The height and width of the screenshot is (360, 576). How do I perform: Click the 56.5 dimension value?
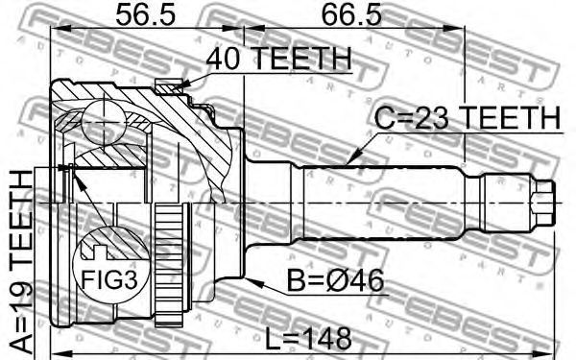pos(146,15)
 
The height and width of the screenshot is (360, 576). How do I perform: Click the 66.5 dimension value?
pos(351,15)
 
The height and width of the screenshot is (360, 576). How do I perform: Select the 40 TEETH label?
pos(278,59)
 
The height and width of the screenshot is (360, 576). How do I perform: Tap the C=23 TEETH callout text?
pos(468,118)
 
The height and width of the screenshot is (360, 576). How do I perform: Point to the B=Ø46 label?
pos(335,280)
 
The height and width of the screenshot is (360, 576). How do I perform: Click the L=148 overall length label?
pos(308,339)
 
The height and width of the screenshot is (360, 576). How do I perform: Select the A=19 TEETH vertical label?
pos(21,261)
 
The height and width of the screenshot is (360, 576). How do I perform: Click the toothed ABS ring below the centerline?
pos(169,265)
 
